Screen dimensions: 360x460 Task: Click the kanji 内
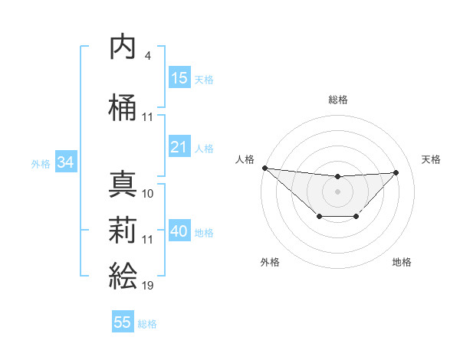[x=123, y=47]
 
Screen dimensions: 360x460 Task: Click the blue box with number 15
[x=179, y=78]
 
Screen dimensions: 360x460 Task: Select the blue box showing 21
[x=179, y=147]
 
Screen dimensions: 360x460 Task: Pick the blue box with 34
[x=66, y=162]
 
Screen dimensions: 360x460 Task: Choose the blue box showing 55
[x=123, y=322]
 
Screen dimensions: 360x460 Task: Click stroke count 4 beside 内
[x=147, y=56]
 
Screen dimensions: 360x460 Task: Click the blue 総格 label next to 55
[x=147, y=324]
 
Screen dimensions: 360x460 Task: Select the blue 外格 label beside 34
[x=41, y=163]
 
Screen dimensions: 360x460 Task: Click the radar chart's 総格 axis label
[x=338, y=100]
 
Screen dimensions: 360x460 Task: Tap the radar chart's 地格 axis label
[x=402, y=262]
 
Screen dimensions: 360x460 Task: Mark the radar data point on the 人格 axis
[x=264, y=168]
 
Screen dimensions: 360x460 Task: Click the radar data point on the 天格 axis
[x=396, y=172]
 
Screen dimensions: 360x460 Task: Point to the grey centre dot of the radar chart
[x=337, y=191]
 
